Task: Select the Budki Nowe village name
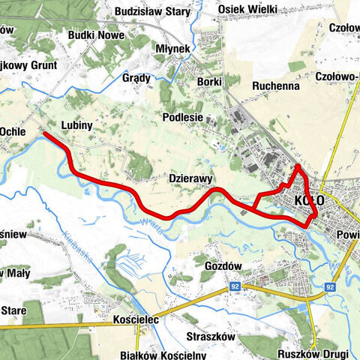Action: (x=94, y=34)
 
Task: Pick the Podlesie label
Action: (x=183, y=118)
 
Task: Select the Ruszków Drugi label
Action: (x=309, y=354)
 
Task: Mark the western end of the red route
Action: (x=45, y=134)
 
